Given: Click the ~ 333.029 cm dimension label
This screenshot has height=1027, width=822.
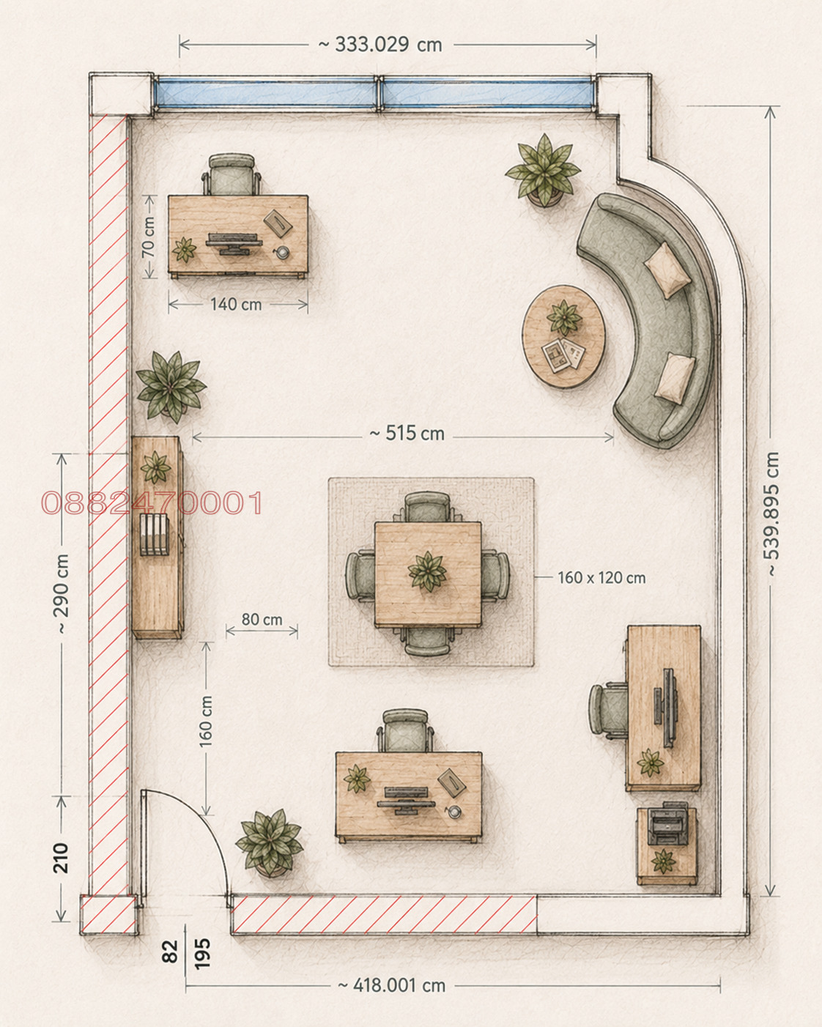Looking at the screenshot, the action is point(380,45).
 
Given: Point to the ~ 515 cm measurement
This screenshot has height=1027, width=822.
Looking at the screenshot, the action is point(407,434).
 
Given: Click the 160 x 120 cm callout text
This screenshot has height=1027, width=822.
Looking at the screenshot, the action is point(601,578).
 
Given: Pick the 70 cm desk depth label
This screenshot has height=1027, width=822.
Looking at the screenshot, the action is point(149,237).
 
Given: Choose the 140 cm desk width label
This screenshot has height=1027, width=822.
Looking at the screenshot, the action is point(237,304).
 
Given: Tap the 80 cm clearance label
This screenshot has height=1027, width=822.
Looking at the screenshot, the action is point(262,620).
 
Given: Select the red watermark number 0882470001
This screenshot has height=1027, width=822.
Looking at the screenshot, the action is point(152,503).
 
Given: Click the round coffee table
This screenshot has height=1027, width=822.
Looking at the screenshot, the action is point(564,336).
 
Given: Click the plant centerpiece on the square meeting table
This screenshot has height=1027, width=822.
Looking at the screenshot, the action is point(428,571).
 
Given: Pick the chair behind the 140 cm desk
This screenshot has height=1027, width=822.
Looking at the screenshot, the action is point(232,174).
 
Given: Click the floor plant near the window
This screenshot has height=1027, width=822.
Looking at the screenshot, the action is point(543,170).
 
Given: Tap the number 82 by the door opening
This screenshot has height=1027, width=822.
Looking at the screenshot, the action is point(171,951).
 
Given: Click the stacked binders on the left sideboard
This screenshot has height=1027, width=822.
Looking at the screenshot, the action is point(154,534).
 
